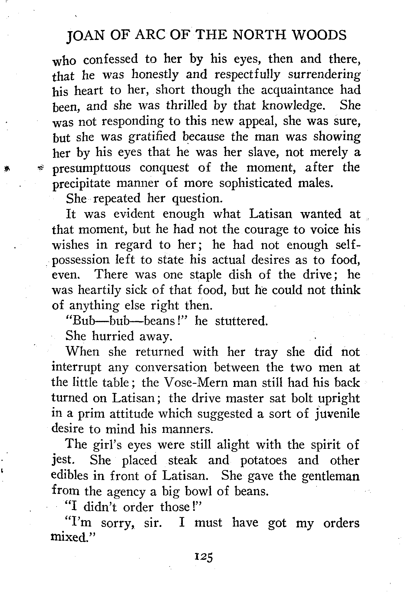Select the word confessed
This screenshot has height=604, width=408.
point(111,59)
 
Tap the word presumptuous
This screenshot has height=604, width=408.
point(92,168)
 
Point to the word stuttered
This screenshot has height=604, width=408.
point(241,321)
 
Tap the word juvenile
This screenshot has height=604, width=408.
point(336,414)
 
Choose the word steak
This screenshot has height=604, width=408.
point(183,460)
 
